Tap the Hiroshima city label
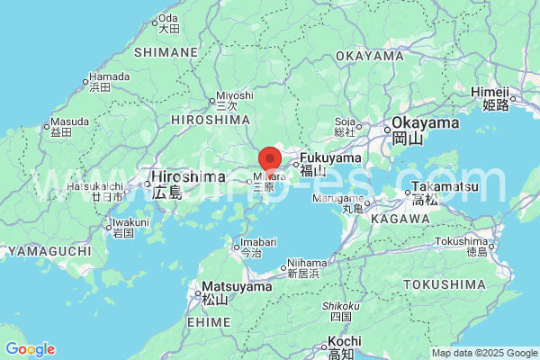(181, 176)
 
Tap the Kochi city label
(344, 342)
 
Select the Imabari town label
(256, 243)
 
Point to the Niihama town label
(301, 264)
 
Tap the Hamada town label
(110, 77)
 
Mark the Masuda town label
(69, 121)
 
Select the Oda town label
(168, 19)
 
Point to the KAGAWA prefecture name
(399, 219)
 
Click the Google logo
(30, 349)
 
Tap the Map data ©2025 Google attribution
(484, 353)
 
